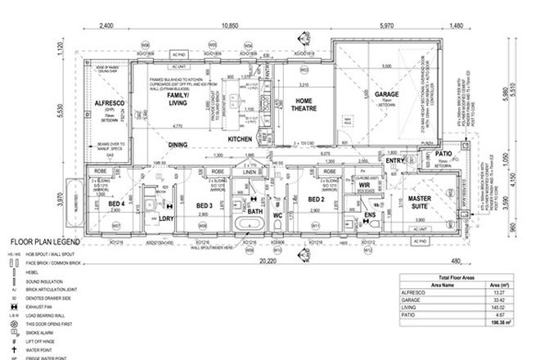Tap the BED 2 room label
point(316,199)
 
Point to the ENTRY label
point(396,161)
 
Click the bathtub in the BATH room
point(244,224)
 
